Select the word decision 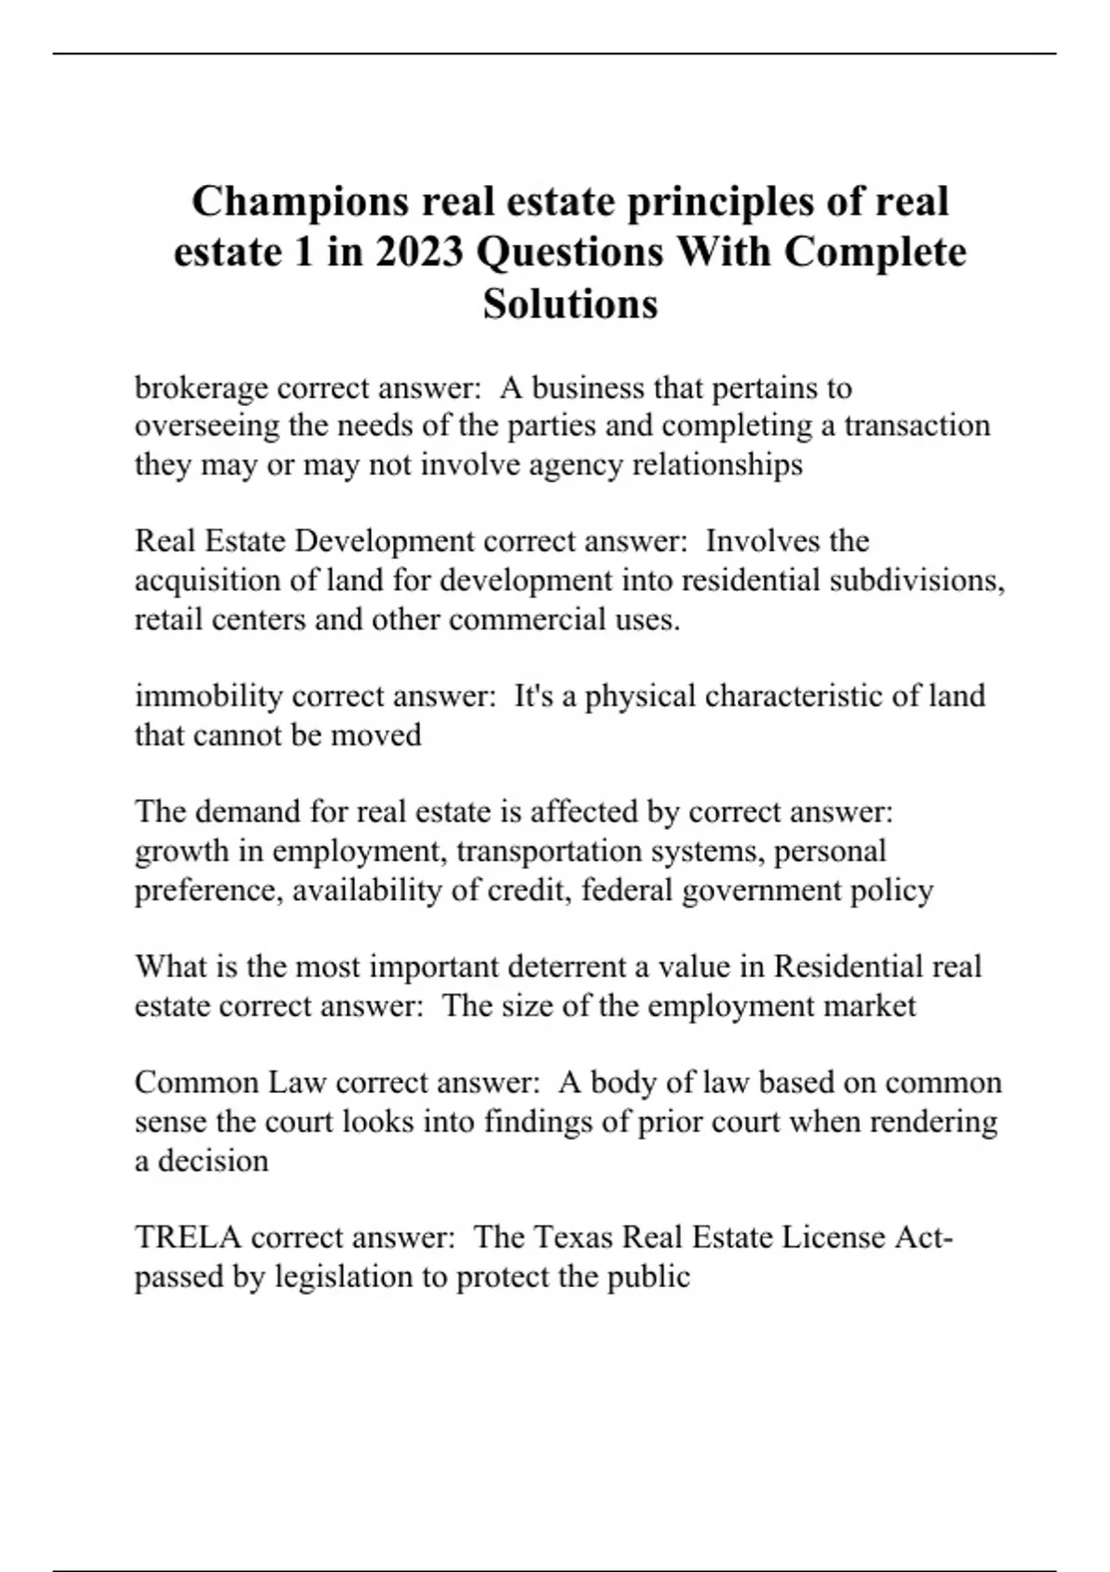pyautogui.click(x=213, y=1160)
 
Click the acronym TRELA pyautogui.click(x=188, y=1236)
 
